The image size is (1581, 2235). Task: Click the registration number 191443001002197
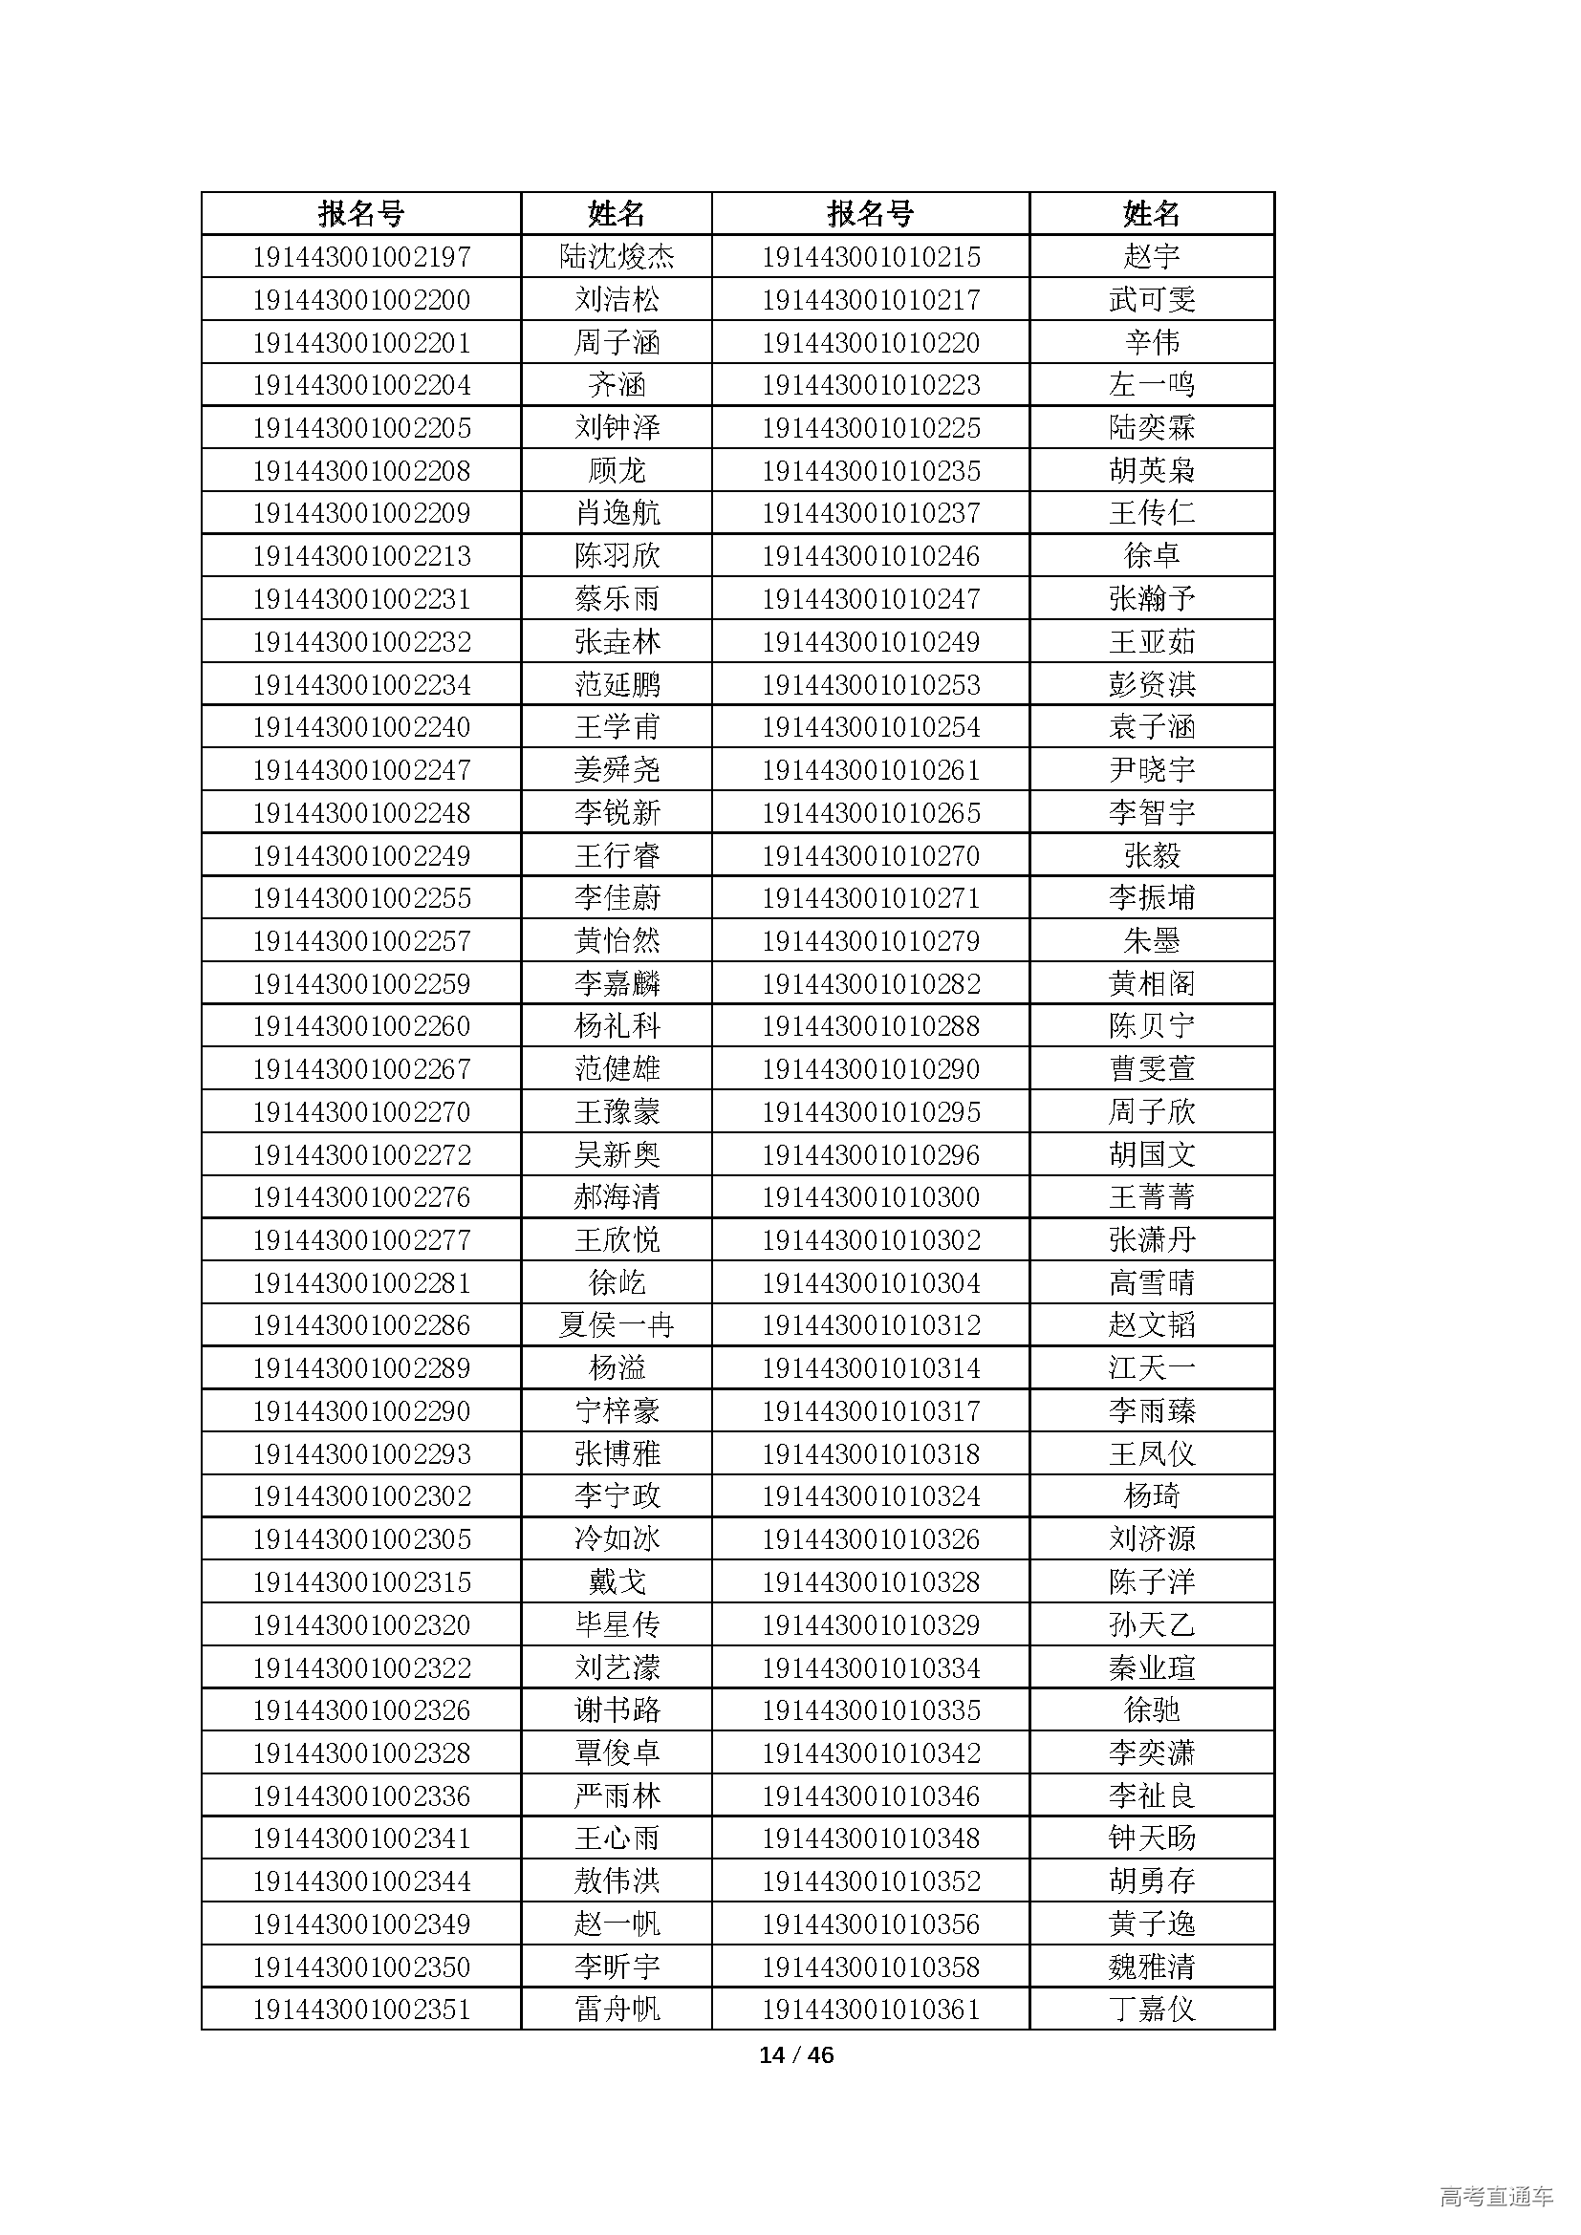point(361,257)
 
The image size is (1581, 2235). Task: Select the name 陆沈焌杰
point(617,257)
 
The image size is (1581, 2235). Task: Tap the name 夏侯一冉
point(617,1324)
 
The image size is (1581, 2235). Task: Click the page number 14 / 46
point(795,2055)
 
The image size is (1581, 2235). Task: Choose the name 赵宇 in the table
point(1152,257)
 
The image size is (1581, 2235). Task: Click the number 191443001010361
point(871,2009)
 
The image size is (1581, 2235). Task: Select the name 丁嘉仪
point(1152,2009)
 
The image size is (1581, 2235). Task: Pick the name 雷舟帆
point(617,2009)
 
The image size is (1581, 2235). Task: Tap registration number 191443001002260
point(361,1026)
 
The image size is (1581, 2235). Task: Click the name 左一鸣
point(1152,384)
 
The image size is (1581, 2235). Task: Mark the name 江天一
point(1152,1367)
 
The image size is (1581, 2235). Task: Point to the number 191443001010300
point(871,1197)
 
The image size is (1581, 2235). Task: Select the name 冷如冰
point(617,1539)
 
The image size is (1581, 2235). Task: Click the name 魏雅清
point(1152,1966)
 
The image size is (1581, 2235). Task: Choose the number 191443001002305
point(361,1539)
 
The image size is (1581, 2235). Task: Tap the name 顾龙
point(617,470)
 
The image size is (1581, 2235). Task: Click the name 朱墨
point(1152,940)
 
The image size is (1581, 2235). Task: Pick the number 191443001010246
point(871,556)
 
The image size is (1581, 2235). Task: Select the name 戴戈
point(617,1581)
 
